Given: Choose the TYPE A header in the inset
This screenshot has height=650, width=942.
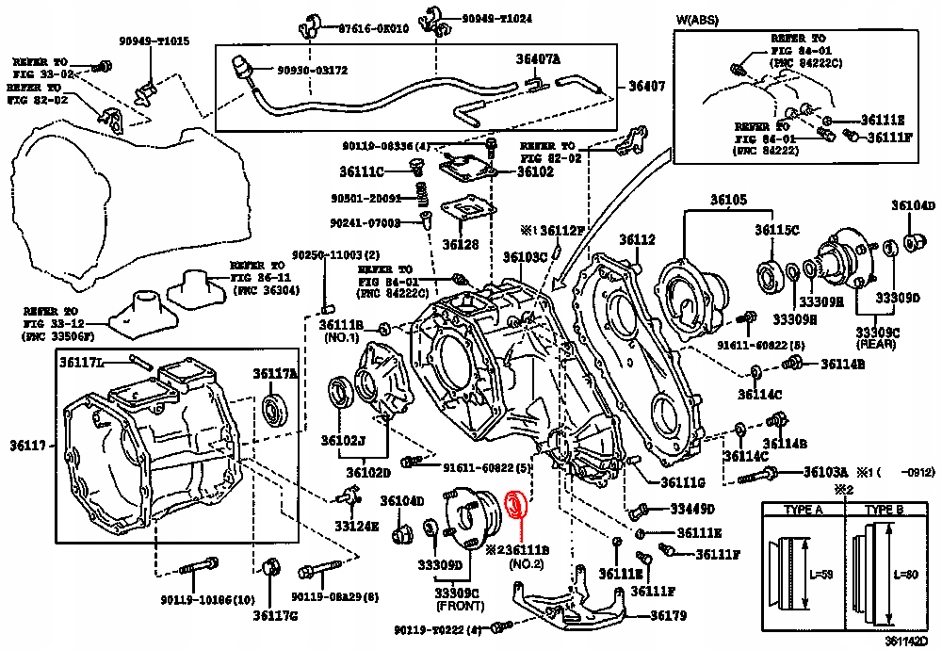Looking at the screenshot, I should (x=804, y=510).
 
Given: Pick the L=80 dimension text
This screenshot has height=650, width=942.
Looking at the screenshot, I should (x=904, y=575).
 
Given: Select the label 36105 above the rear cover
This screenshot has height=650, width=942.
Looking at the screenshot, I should (x=727, y=200).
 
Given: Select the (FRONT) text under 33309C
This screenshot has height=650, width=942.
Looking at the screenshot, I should (x=458, y=607).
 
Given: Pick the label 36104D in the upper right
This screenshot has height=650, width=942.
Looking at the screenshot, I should (x=914, y=205).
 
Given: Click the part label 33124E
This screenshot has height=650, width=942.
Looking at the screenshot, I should (x=359, y=526).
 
